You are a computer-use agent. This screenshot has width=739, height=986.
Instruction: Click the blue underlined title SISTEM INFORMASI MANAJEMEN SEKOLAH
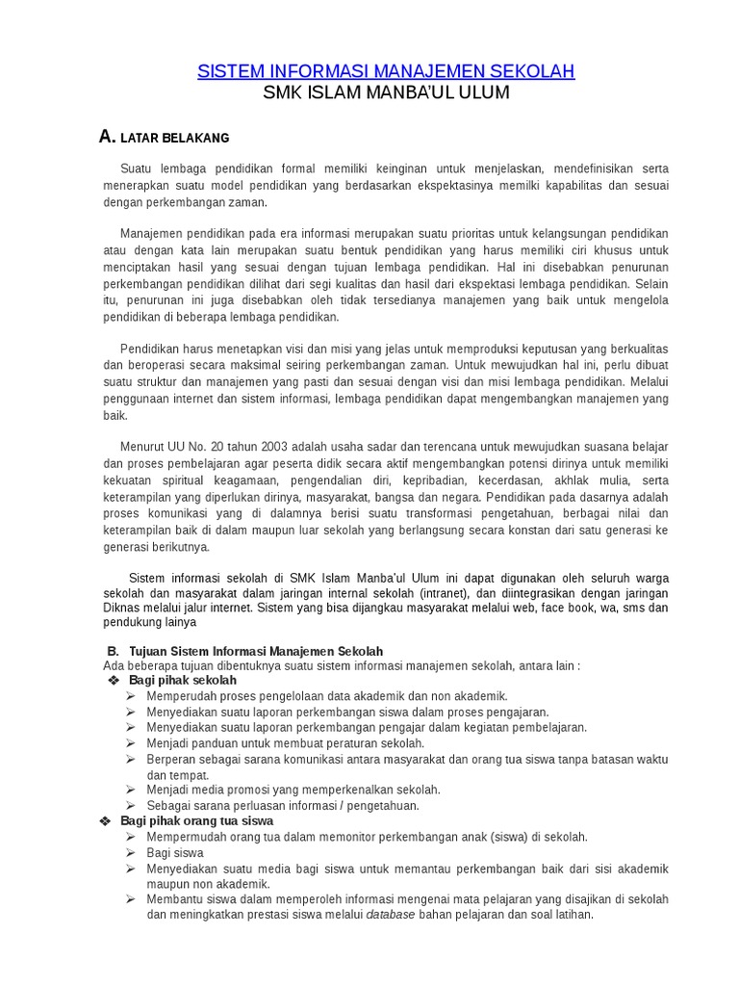tap(386, 71)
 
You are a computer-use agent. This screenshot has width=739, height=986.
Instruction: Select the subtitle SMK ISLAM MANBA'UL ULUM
tap(386, 93)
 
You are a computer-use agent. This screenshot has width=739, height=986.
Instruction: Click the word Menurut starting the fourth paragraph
tap(142, 447)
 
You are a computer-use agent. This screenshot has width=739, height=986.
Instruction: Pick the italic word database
tap(391, 915)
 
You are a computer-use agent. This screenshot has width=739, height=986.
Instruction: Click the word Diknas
tap(121, 608)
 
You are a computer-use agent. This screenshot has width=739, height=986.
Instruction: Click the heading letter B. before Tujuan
tap(113, 651)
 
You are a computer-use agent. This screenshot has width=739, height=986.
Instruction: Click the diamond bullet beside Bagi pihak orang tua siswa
tap(106, 821)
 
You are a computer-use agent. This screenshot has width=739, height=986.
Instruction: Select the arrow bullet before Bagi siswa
tap(131, 853)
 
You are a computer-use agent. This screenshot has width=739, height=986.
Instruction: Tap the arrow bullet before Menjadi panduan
tap(131, 743)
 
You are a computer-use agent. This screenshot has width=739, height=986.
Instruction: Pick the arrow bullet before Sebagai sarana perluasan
tap(131, 806)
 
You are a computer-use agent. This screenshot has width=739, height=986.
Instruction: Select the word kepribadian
tap(438, 480)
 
